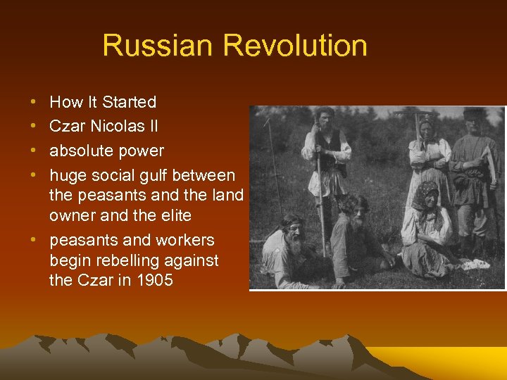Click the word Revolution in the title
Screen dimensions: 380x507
295,46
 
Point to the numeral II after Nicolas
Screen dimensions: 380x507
151,127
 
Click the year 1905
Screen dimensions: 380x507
153,280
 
